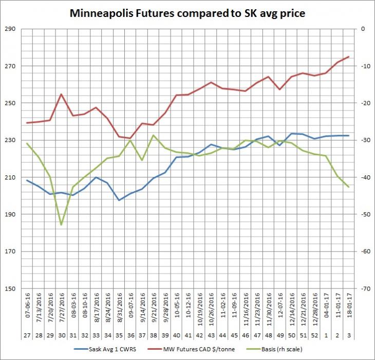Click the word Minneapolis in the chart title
pyautogui.click(x=101, y=13)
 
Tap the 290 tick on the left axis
pyautogui.click(x=10, y=29)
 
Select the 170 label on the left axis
pyautogui.click(x=10, y=251)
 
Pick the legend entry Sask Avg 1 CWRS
pyautogui.click(x=105, y=349)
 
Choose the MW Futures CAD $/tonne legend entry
pyautogui.click(x=191, y=349)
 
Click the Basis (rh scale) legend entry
pyautogui.click(x=274, y=349)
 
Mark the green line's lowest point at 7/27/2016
pyautogui.click(x=62, y=225)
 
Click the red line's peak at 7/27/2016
pyautogui.click(x=62, y=94)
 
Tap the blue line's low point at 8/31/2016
pyautogui.click(x=119, y=200)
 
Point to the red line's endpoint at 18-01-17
pyautogui.click(x=349, y=57)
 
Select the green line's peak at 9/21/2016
pyautogui.click(x=154, y=135)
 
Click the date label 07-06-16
pyautogui.click(x=28, y=305)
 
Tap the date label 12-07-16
pyautogui.click(x=280, y=305)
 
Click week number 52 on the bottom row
pyautogui.click(x=315, y=335)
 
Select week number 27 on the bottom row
pyautogui.click(x=27, y=335)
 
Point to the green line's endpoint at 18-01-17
pyautogui.click(x=349, y=187)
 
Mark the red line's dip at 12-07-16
pyautogui.click(x=280, y=89)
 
